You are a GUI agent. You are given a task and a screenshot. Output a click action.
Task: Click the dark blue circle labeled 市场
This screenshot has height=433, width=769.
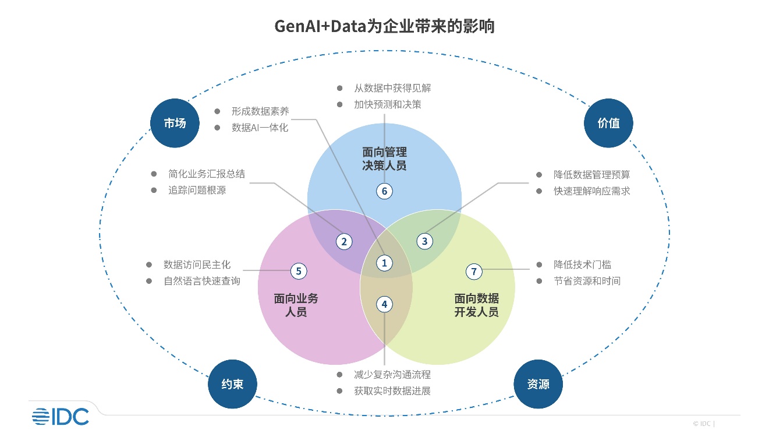[x=175, y=123]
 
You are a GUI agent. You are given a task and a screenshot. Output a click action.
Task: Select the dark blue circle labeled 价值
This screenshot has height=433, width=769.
[x=608, y=123]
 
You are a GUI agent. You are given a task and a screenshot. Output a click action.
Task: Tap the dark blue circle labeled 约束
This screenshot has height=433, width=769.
[x=232, y=384]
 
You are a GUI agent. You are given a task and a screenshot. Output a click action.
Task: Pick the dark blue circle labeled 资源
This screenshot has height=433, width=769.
[x=538, y=384]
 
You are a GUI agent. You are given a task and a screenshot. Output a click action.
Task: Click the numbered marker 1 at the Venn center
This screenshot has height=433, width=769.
[x=384, y=263]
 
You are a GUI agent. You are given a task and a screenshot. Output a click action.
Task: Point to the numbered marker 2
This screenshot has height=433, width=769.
[x=344, y=241]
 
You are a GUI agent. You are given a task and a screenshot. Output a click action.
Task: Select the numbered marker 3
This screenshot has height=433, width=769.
[x=424, y=241]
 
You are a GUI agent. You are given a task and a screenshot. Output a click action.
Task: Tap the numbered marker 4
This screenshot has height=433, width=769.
[x=384, y=304]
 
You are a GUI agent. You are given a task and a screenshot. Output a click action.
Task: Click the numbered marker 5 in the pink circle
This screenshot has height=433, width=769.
[x=298, y=270]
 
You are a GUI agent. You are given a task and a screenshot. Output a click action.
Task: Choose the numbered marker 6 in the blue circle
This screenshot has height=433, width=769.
[x=384, y=191]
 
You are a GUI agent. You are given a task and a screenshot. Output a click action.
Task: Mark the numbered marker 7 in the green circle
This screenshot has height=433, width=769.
[x=474, y=271]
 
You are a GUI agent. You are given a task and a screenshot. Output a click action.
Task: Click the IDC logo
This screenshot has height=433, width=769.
[x=61, y=416]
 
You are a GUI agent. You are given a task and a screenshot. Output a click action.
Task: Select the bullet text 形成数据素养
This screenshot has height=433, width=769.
[x=260, y=111]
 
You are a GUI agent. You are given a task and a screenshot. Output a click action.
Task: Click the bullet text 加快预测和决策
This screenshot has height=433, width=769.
[x=387, y=105]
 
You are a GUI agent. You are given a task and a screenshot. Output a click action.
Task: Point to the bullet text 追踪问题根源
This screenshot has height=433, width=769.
[x=197, y=190]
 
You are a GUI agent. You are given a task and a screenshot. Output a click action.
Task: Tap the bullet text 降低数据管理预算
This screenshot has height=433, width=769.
[x=591, y=174]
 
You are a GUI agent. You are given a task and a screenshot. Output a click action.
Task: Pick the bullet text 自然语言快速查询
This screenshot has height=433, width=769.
[x=201, y=281]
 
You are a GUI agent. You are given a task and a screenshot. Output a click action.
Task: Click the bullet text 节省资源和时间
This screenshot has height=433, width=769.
[x=587, y=281]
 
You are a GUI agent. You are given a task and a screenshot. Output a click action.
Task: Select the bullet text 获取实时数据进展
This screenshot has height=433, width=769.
[x=392, y=390]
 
